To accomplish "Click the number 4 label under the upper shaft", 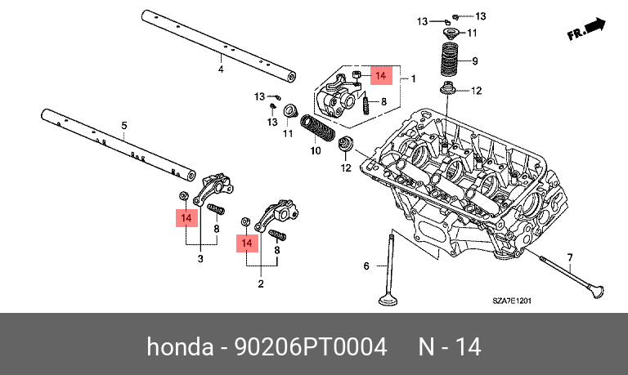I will pos(220,69).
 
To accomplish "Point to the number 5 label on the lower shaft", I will pos(124,125).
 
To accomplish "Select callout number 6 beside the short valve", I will pos(366,266).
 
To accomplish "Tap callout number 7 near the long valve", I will pos(570,257).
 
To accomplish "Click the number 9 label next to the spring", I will pos(475,60).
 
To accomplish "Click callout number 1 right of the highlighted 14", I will pos(414,78).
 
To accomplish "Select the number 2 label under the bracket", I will pos(261,283).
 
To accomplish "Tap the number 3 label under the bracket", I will pos(200,259).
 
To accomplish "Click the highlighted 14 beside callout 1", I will pos(380,76).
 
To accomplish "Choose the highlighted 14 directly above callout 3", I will pos(186,218).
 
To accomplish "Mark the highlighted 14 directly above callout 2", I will pos(246,243).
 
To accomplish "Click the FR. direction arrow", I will pos(585,31).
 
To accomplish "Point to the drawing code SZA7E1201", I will pos(512,301).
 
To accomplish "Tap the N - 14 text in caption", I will pos(450,347).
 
